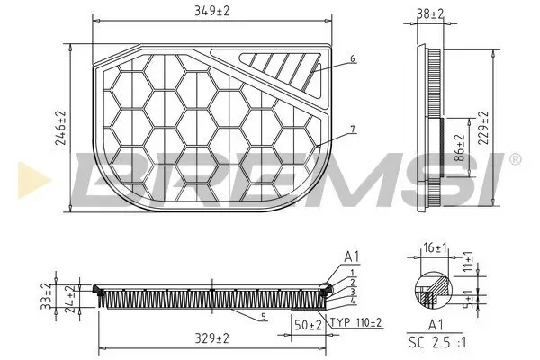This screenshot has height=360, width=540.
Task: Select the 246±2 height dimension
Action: pos(61,127)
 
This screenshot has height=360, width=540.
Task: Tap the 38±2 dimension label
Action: pos(429,14)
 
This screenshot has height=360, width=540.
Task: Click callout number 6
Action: pos(353,58)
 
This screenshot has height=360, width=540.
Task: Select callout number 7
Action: pos(353,130)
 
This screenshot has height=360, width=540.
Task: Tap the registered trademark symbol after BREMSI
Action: pos(514,159)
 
